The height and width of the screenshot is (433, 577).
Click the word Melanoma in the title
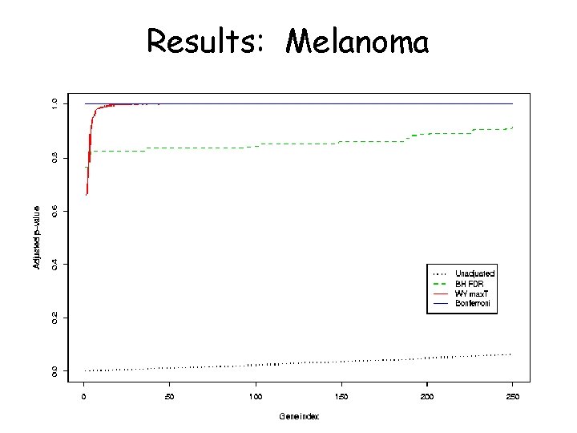click(x=357, y=41)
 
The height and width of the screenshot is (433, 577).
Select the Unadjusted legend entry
click(x=474, y=273)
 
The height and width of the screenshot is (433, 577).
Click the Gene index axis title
click(x=298, y=416)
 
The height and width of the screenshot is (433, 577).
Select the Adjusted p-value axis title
click(x=36, y=237)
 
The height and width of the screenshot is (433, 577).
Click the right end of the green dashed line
click(x=512, y=127)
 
